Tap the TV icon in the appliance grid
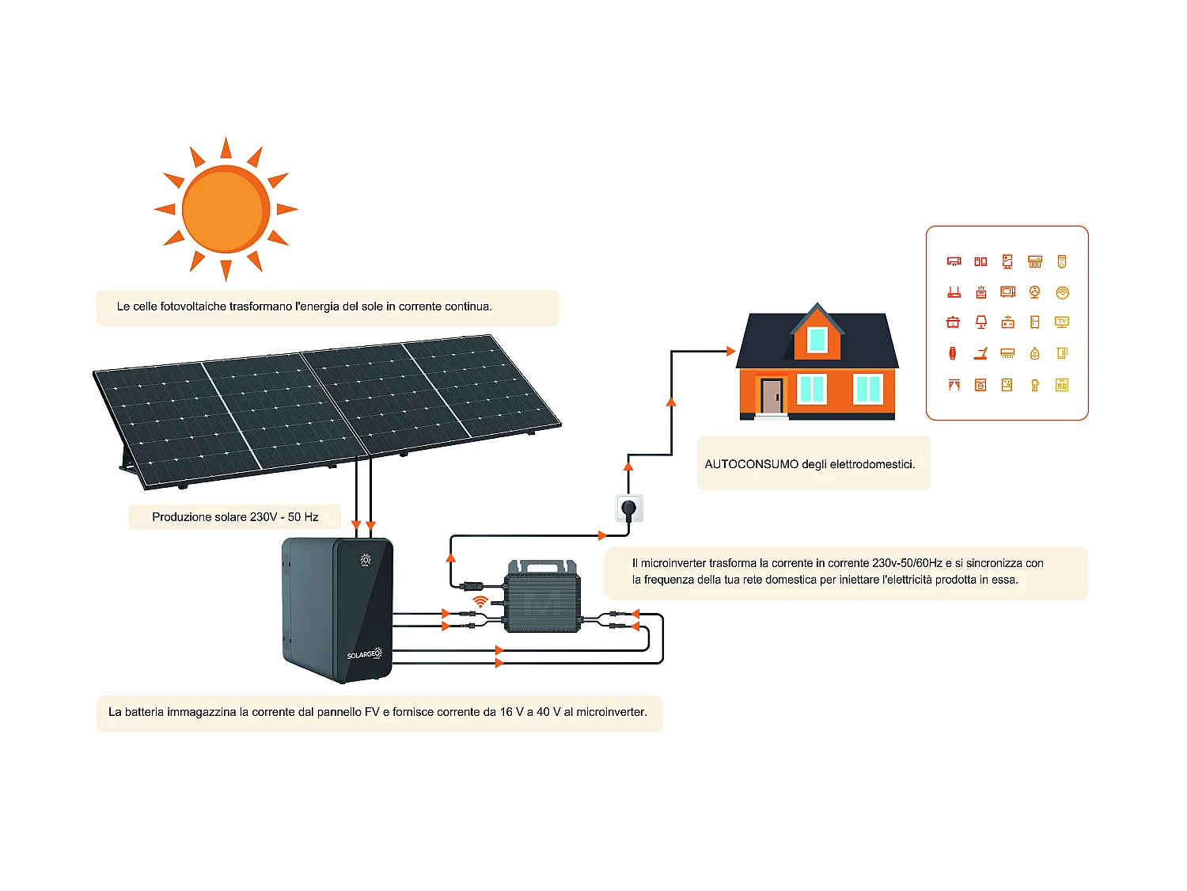[1062, 322]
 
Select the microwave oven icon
[1007, 292]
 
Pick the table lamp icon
[981, 322]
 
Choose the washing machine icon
[980, 385]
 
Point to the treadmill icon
[981, 353]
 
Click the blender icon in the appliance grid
[1035, 385]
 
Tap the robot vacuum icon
[1062, 292]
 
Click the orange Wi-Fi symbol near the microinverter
[480, 602]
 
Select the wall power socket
[629, 508]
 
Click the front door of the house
[772, 395]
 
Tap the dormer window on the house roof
[817, 340]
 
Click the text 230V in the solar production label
[263, 517]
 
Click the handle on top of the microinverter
[542, 565]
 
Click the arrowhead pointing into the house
[731, 351]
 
